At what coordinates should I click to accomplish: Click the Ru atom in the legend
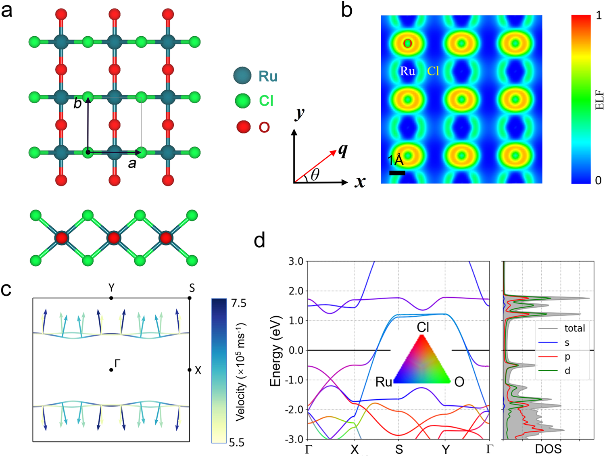[x=242, y=76]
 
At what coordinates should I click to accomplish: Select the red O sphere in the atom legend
[x=243, y=127]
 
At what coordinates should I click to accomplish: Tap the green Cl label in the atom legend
[x=266, y=100]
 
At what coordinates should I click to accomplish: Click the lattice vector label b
[x=77, y=104]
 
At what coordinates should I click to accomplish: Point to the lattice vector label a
[x=132, y=163]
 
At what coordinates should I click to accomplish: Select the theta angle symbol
[x=315, y=175]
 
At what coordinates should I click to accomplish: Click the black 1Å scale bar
[x=397, y=173]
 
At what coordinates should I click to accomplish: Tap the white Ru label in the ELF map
[x=407, y=71]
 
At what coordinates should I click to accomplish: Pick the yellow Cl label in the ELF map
[x=433, y=71]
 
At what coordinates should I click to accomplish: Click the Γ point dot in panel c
[x=111, y=370]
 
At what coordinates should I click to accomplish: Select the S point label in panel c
[x=192, y=288]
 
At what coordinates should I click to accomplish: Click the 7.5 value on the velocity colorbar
[x=239, y=303]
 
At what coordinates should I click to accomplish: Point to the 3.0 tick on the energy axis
[x=296, y=261]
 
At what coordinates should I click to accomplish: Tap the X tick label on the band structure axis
[x=355, y=449]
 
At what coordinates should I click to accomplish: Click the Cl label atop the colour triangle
[x=423, y=327]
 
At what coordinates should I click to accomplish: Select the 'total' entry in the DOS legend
[x=574, y=328]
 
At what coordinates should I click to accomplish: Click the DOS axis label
[x=548, y=449]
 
